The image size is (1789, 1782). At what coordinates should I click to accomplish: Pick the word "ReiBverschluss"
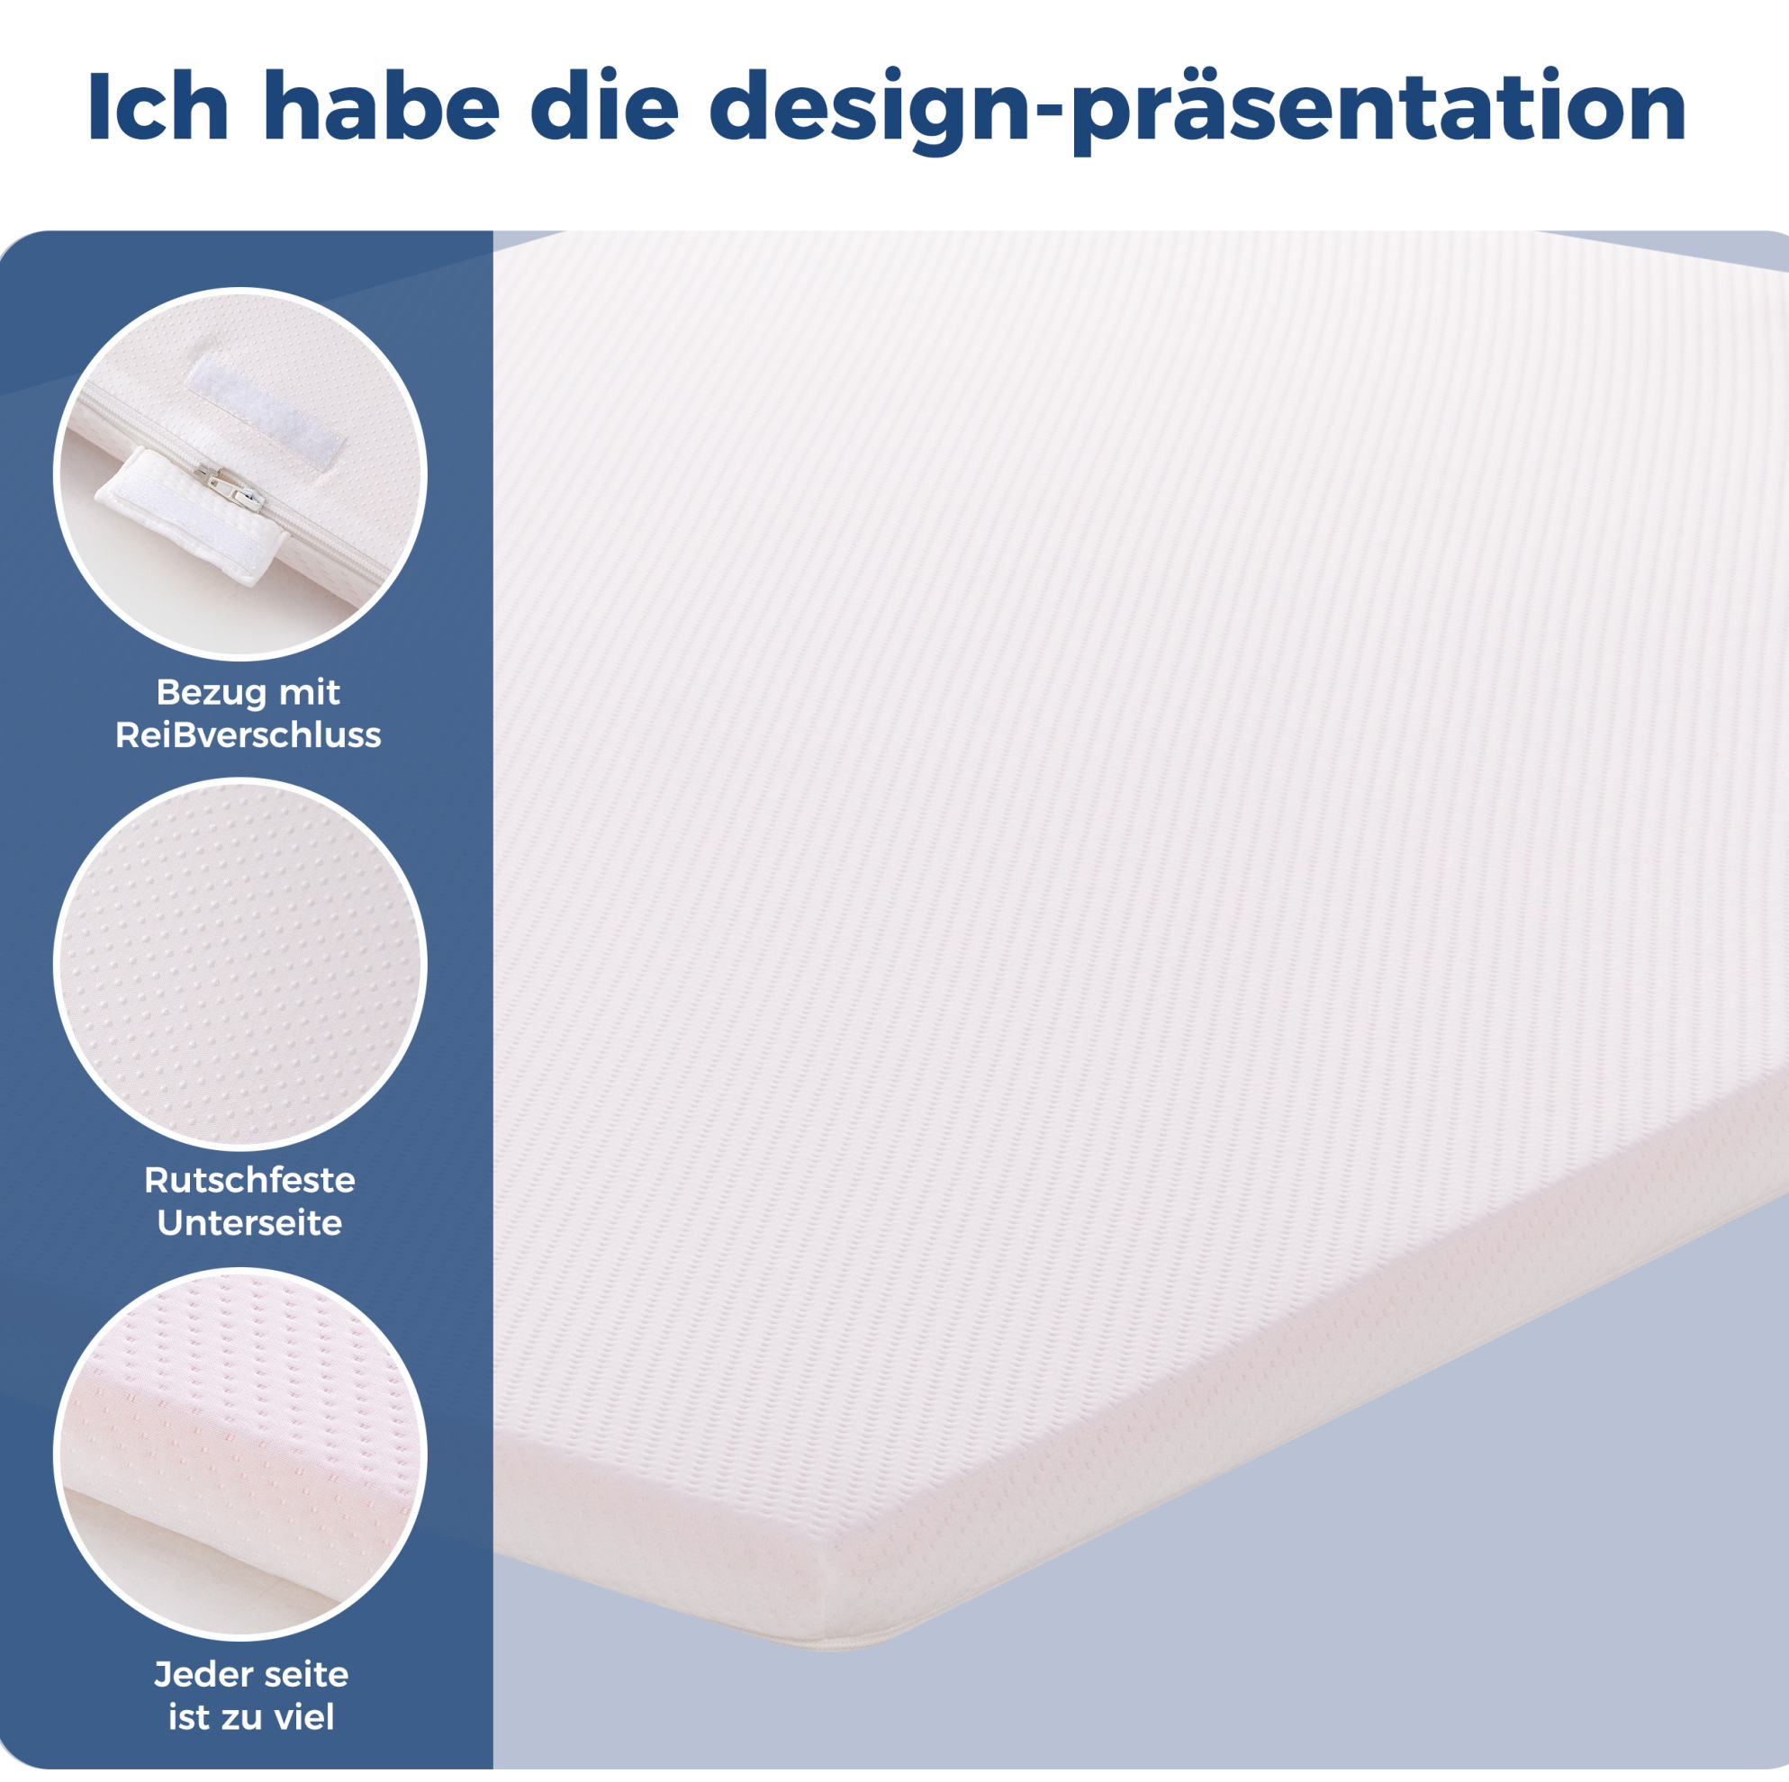click(x=248, y=735)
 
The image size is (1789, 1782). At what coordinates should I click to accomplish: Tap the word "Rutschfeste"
click(x=249, y=1180)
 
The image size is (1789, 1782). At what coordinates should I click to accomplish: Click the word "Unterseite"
click(x=249, y=1223)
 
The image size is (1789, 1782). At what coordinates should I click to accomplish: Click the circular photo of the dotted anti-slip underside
click(x=239, y=963)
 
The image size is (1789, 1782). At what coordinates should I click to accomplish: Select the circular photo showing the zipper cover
click(x=239, y=474)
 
